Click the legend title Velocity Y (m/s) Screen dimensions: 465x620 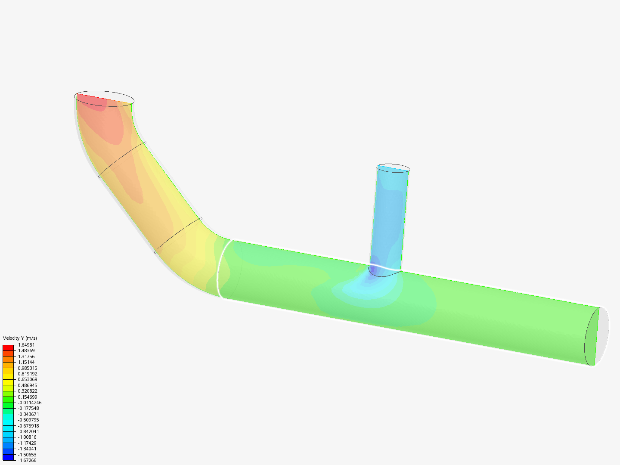[x=20, y=338]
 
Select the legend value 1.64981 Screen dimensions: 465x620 [x=26, y=345]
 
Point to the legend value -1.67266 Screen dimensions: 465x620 [x=27, y=460]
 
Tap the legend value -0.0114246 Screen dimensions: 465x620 [x=30, y=403]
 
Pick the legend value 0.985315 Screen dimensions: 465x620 [x=28, y=368]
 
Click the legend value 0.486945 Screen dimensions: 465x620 [x=28, y=385]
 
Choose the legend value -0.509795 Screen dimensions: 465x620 [x=28, y=420]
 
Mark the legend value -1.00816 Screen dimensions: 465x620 [x=27, y=437]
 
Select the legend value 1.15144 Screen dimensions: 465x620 [x=26, y=362]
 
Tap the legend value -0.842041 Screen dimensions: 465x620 [x=28, y=431]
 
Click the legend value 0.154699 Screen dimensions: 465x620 [x=28, y=397]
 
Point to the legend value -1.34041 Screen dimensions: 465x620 [x=27, y=449]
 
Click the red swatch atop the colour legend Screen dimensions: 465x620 [x=8, y=347]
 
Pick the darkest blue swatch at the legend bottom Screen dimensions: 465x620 [x=8, y=458]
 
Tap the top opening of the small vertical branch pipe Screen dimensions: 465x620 [x=393, y=168]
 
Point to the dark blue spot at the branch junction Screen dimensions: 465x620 [x=373, y=268]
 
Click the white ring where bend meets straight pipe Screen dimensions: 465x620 [x=219, y=269]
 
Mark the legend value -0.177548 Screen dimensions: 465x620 [x=28, y=408]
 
